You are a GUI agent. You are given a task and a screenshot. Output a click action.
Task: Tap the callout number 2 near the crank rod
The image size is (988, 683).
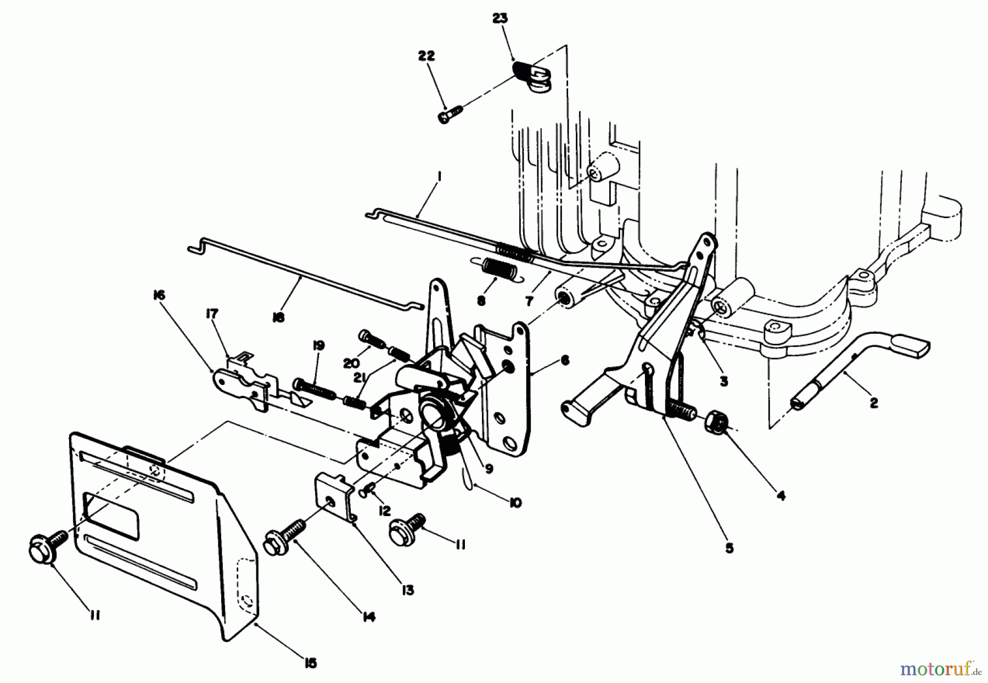click(873, 404)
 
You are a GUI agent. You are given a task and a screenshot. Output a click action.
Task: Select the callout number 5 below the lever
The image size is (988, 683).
click(729, 548)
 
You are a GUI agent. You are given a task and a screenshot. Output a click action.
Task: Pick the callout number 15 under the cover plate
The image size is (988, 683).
click(311, 663)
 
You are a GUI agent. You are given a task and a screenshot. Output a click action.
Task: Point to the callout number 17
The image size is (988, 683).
click(212, 313)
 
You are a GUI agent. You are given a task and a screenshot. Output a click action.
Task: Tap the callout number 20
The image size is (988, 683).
click(351, 363)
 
